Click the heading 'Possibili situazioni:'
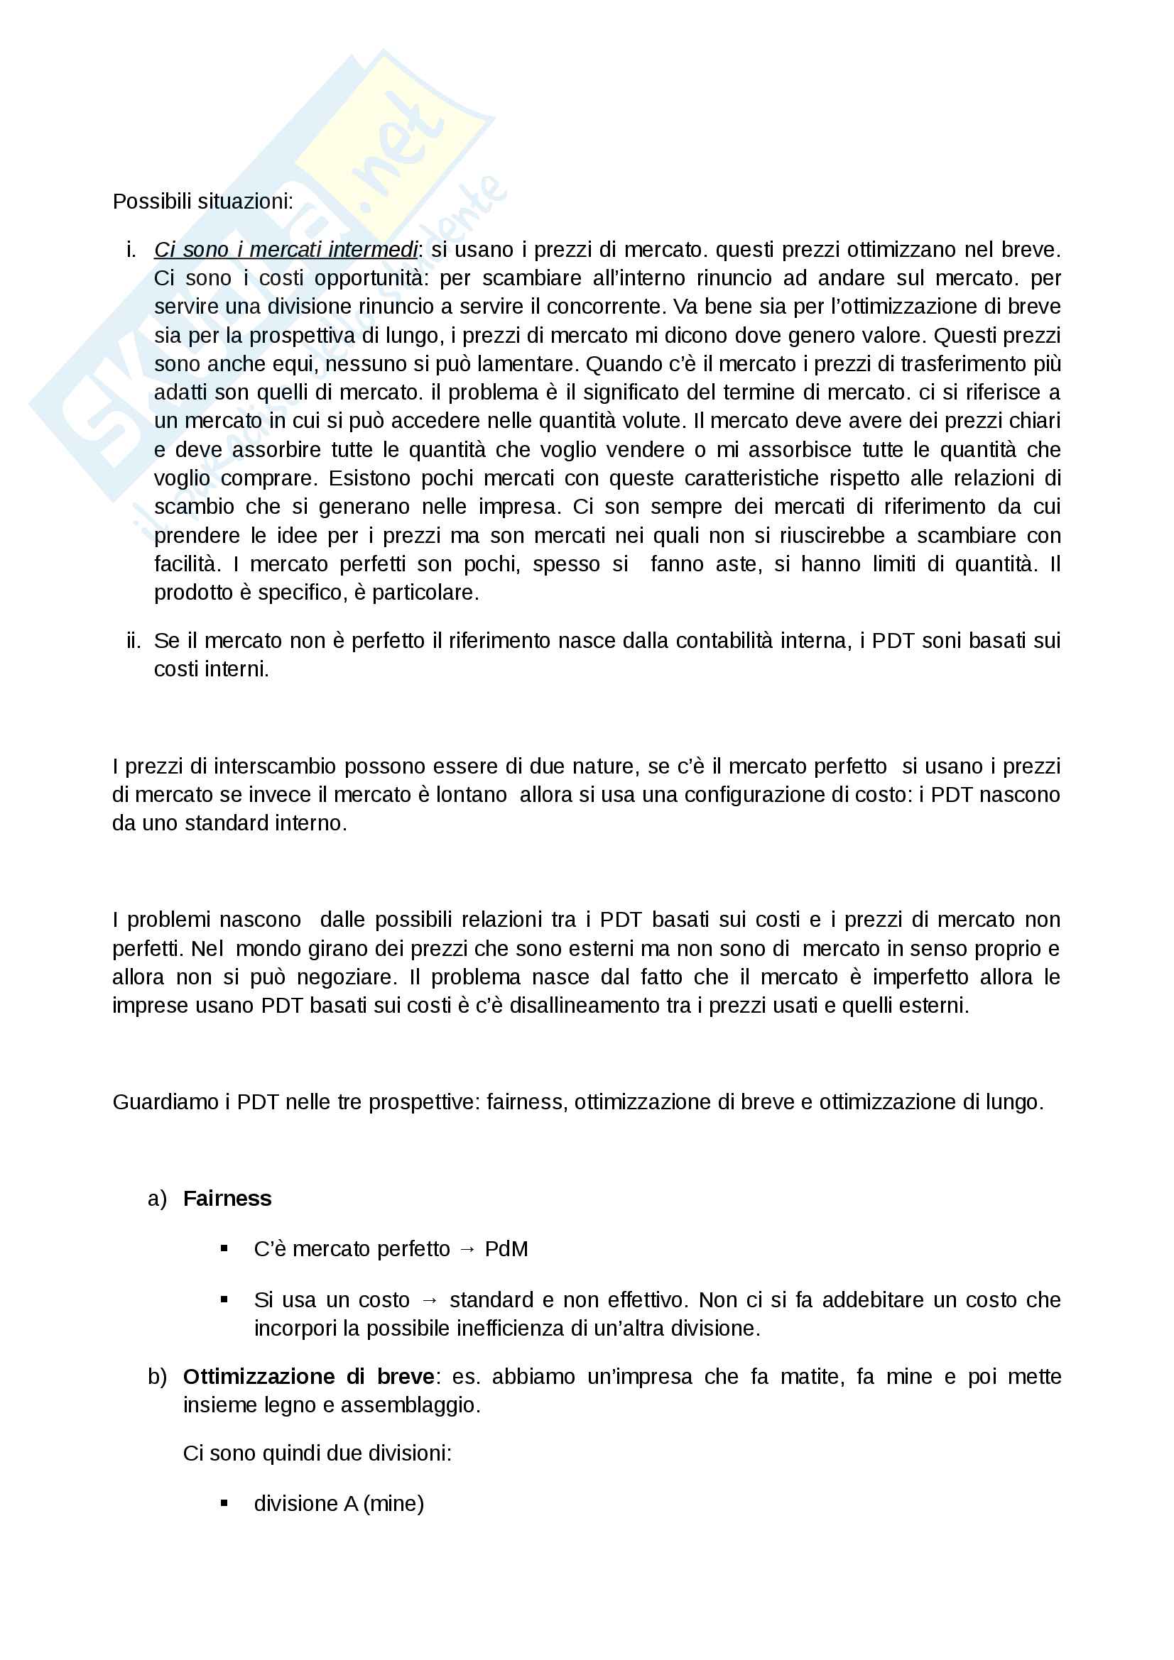202,202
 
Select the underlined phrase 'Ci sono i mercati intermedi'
286,250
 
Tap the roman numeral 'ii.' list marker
134,641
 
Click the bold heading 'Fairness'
227,1199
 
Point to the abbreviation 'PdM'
506,1249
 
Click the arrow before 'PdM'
467,1249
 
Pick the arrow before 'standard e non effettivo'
430,1300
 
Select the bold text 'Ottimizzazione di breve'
309,1377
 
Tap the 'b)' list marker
157,1377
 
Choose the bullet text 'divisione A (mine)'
339,1504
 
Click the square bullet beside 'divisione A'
224,1504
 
